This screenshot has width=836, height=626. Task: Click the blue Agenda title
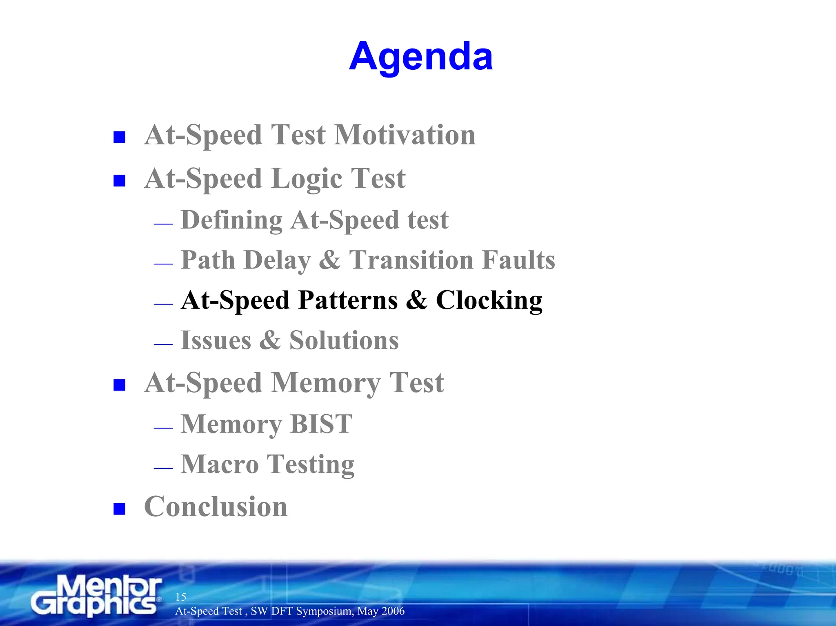[421, 57]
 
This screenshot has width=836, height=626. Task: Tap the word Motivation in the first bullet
[405, 135]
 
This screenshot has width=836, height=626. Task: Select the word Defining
[231, 220]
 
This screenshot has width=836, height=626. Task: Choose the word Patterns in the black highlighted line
[348, 300]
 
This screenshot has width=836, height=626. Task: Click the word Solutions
[344, 340]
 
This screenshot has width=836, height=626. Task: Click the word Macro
[220, 464]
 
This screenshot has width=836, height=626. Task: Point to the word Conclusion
[216, 507]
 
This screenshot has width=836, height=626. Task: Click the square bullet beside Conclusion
[119, 509]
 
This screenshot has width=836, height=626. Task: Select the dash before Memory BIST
[163, 428]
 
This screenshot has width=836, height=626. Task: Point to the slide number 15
[181, 597]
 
